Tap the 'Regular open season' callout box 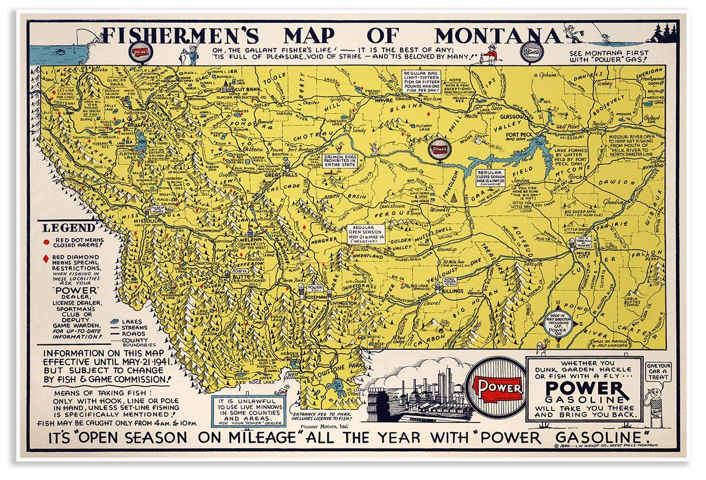[x=366, y=233]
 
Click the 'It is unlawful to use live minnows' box [x=249, y=409]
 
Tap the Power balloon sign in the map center [x=440, y=149]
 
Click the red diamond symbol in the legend [x=46, y=259]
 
